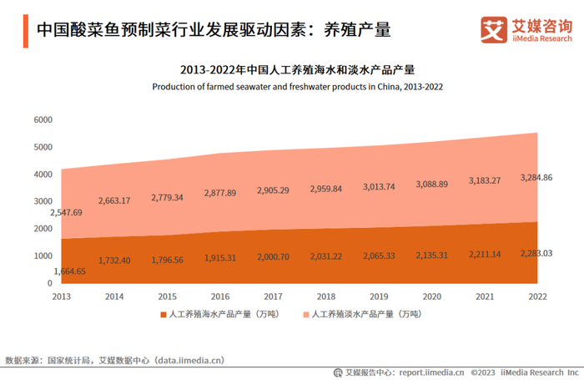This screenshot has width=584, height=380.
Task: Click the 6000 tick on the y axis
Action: [43, 120]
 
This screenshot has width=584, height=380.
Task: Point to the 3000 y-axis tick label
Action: [43, 202]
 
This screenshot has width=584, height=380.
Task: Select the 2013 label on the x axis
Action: [62, 296]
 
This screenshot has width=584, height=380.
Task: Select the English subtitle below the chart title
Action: [297, 86]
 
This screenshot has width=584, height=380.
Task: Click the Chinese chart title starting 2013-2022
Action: [297, 69]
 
